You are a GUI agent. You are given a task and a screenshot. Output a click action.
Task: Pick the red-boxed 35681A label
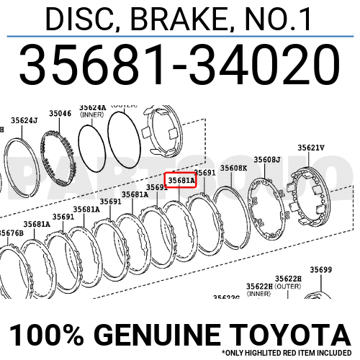(180, 180)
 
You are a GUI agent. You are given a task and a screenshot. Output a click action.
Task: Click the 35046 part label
(60, 114)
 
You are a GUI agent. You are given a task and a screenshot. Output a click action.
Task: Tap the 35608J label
(267, 159)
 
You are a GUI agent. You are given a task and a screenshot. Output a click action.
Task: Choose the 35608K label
(234, 168)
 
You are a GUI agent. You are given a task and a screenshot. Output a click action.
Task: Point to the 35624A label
(93, 107)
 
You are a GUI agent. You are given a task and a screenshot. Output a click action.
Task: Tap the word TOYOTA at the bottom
(296, 335)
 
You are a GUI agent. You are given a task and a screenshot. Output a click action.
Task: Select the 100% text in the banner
(40, 335)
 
